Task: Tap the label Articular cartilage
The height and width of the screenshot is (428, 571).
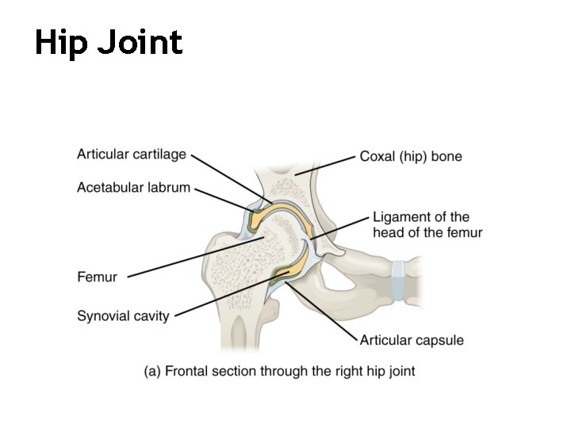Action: coord(132,155)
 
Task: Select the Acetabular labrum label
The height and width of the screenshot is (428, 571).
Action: coord(134,188)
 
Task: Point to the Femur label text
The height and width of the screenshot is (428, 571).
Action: coord(97,277)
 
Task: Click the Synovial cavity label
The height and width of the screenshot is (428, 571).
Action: coord(123,316)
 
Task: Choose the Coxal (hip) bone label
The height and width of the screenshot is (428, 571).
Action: coord(411,156)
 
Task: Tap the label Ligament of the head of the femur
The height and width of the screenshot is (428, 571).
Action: coord(427,224)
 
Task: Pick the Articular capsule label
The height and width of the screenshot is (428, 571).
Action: coord(412,341)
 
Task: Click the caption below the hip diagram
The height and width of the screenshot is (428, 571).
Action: coord(279,370)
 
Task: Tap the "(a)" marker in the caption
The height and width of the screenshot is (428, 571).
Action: coord(153,370)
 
